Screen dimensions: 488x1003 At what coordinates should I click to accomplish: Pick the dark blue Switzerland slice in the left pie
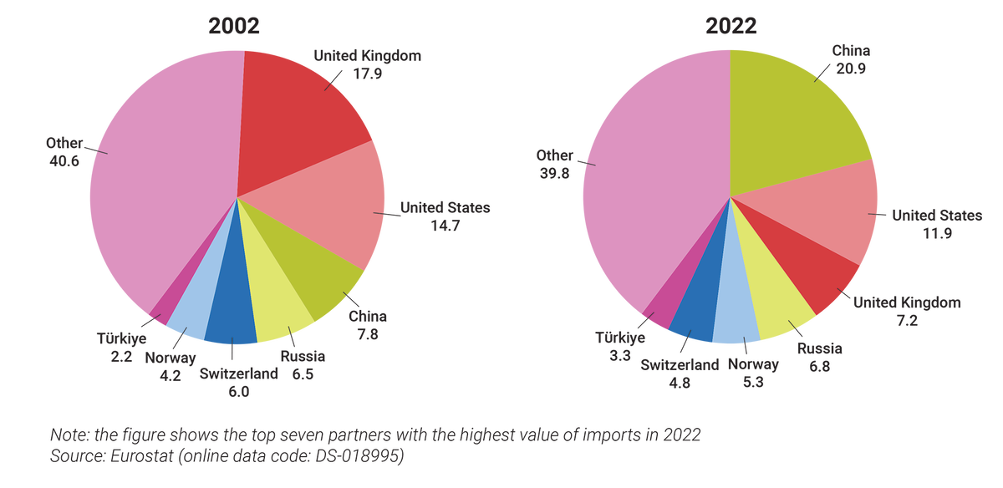coord(232,318)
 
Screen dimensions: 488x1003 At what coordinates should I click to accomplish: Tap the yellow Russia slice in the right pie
coord(777,305)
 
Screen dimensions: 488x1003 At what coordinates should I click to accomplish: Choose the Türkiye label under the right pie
coord(619,338)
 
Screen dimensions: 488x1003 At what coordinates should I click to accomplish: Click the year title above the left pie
coord(234,25)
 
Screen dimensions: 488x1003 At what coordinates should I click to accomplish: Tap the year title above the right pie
coord(730,25)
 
